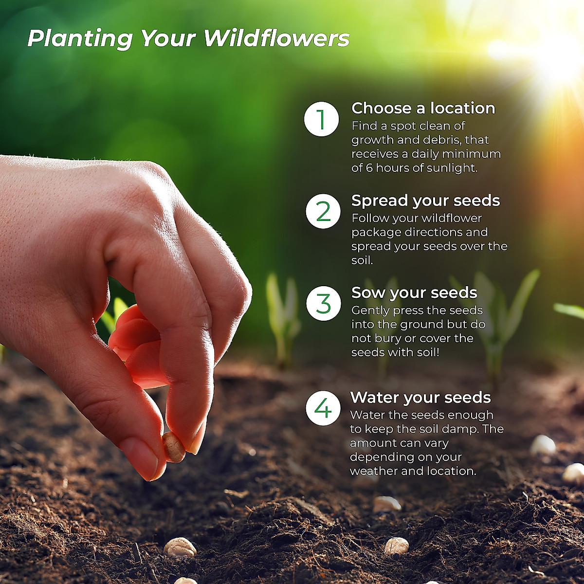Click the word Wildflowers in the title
(276, 39)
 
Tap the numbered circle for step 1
(321, 119)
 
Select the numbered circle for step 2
(323, 211)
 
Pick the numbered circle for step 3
(323, 303)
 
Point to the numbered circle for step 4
(323, 408)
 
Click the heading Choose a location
(423, 108)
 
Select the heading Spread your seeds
(425, 201)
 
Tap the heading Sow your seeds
(414, 293)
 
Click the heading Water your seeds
(420, 397)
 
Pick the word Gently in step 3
(370, 310)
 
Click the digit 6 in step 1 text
(369, 168)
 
